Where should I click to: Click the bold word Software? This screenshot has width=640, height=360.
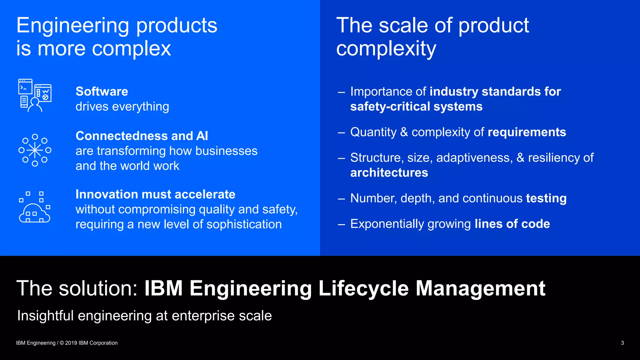pos(102,92)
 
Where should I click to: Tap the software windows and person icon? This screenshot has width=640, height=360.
pos(35,95)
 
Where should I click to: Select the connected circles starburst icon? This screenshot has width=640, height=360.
pos(35,150)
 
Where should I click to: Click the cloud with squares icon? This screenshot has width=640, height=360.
pos(35,207)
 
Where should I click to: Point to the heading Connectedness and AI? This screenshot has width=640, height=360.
pos(142,136)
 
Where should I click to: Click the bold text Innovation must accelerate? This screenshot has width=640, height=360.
pos(155,194)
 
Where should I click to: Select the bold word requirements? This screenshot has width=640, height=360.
pos(527,132)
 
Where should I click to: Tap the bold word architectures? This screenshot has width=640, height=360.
pos(389,173)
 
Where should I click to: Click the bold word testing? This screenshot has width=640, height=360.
pos(546,198)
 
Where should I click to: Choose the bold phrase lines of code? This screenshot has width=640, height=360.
pos(512,224)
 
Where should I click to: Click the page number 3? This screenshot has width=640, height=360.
pos(622,343)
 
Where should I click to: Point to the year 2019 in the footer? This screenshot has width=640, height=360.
pos(71,343)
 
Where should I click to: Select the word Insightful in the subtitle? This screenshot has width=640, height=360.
pos(45,316)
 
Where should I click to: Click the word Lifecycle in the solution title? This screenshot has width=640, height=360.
pos(363,288)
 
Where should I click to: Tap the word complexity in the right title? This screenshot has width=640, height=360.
pos(386,49)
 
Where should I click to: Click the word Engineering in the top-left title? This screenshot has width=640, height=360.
pos(72,25)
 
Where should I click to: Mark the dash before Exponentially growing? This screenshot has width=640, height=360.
pos(341,224)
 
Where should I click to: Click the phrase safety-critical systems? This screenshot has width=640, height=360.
pos(416,107)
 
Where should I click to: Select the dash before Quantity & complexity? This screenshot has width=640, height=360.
pos(341,132)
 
